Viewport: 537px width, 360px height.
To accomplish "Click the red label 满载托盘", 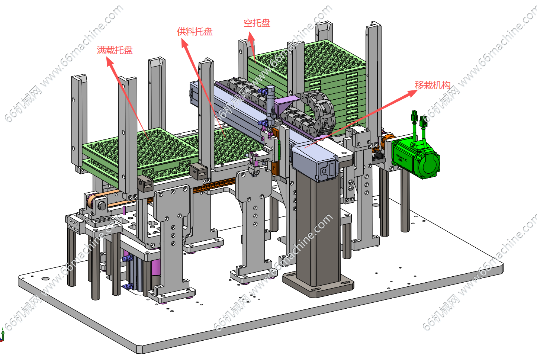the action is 115,50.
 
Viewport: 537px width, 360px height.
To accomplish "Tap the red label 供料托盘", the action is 194,32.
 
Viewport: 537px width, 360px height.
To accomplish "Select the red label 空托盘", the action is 257,23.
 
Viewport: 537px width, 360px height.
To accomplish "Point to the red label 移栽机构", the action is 433,85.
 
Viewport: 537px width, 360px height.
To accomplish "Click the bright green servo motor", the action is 416,158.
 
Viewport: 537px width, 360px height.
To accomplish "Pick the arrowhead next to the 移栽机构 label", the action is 413,93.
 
